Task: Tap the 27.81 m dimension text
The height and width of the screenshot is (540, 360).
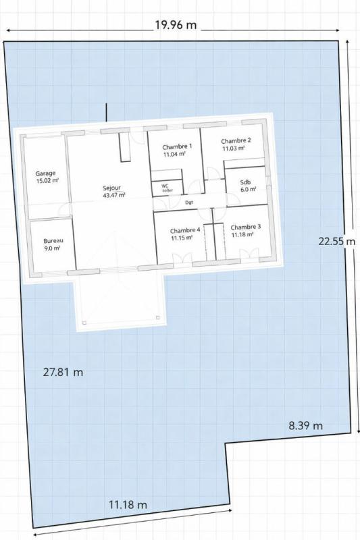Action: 63,372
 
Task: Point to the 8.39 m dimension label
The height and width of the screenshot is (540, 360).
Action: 305,425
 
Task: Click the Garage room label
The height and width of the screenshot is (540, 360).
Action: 46,173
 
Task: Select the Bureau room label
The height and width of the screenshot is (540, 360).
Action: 53,241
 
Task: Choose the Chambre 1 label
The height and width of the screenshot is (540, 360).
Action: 178,146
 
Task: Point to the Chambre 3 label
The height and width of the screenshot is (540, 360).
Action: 240,227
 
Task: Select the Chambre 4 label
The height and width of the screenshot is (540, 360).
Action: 184,230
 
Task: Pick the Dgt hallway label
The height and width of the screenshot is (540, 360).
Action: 189,202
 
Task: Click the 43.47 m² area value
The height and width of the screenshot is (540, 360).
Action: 113,195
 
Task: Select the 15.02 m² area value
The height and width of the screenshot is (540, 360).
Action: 47,181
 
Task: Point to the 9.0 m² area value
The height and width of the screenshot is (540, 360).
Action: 53,248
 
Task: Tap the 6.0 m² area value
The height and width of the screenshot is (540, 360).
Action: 249,190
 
